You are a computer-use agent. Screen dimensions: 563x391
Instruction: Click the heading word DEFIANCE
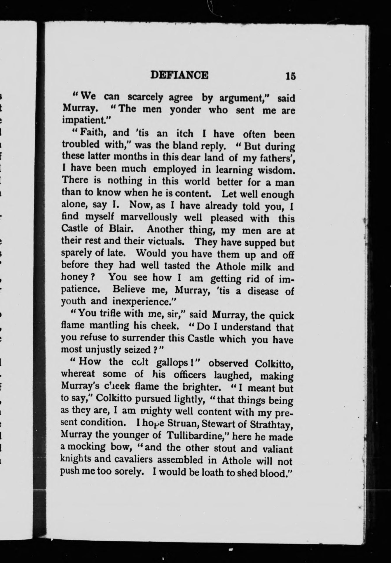coord(179,75)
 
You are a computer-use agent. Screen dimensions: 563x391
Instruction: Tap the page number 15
coord(291,76)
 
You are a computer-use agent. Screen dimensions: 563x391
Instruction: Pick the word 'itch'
coord(184,134)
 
